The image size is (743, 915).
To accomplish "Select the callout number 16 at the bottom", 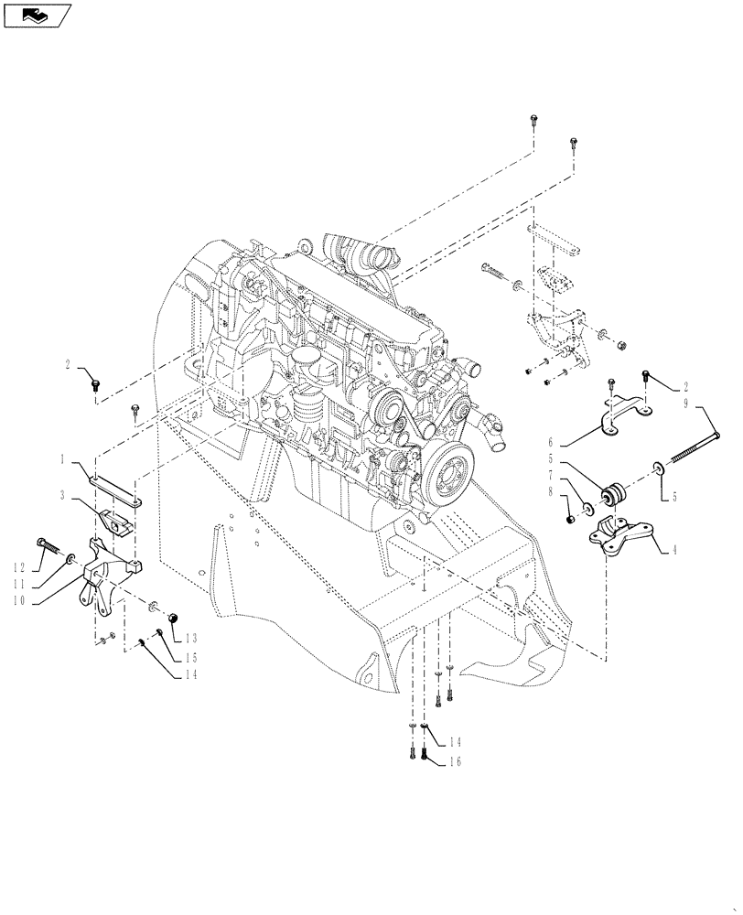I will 456,760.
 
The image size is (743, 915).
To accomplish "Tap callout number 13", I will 191,638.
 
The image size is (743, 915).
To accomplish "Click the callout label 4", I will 674,552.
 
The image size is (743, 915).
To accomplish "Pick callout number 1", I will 63,458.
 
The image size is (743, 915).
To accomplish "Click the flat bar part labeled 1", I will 113,486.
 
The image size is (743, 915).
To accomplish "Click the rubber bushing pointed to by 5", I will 611,495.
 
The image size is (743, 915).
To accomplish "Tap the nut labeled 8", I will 570,520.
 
